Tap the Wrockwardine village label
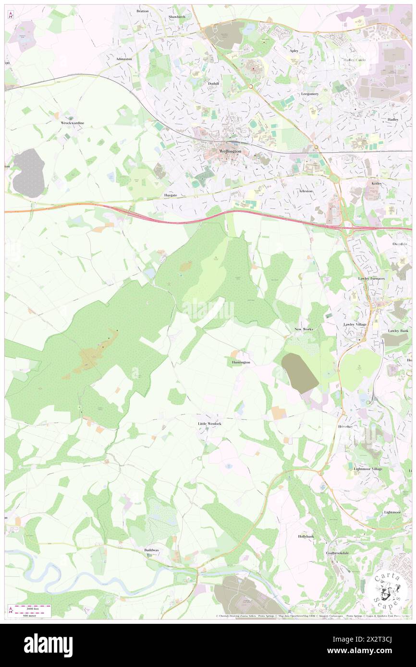coord(73,123)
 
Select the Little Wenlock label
coord(210,424)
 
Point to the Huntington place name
coord(241,362)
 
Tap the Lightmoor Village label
coord(368,469)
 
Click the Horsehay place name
coord(345,427)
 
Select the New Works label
coord(304,329)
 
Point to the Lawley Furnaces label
coord(371,278)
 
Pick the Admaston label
coord(124,59)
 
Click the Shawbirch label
coord(177,17)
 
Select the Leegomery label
coord(310,94)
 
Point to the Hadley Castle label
coord(355,60)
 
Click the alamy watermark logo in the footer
coord(48,645)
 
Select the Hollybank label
coord(306,536)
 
